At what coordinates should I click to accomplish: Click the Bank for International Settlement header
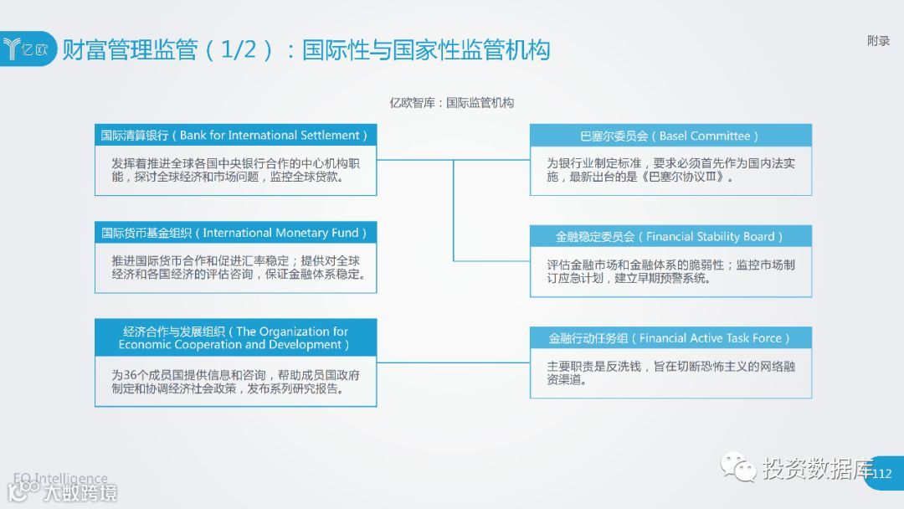[235, 136]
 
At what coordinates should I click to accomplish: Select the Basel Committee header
[670, 136]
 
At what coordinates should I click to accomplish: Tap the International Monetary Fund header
[235, 234]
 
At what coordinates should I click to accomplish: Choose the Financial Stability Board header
[670, 237]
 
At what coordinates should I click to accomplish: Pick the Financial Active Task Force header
[670, 339]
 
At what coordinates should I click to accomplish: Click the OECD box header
[235, 338]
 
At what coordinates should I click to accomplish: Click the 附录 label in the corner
[878, 41]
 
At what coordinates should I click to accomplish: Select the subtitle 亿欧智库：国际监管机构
[452, 103]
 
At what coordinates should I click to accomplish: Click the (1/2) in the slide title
[239, 49]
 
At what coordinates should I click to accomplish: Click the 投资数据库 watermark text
[816, 469]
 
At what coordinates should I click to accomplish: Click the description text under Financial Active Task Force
[670, 373]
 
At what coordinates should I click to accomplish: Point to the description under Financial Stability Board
[670, 271]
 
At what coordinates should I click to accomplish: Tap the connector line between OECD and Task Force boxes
[453, 363]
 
